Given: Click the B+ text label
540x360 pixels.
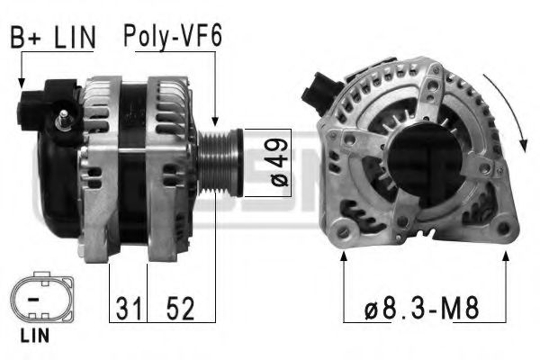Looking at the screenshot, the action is click(26, 37).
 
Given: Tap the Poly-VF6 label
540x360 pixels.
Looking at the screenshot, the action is click(173, 37).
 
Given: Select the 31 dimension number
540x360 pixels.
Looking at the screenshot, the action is click(129, 308).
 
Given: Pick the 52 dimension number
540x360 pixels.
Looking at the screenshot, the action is click(181, 308).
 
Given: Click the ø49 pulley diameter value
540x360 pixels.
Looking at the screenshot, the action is click(279, 163).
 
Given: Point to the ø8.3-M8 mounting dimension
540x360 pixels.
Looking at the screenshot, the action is click(421, 308).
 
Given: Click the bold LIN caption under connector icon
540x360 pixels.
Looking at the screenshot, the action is click(35, 335).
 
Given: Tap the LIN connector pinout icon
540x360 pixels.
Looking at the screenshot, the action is click(42, 297).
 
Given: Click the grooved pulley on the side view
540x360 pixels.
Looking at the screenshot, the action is click(220, 163).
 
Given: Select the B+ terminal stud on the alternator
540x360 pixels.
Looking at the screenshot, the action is click(63, 119).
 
